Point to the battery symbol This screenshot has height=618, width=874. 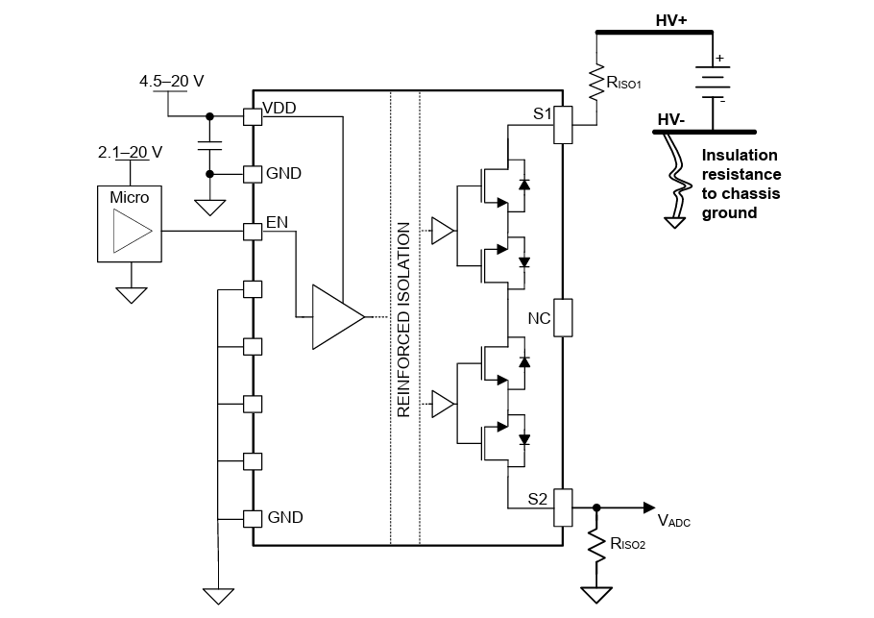click(x=712, y=81)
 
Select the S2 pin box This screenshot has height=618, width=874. click(x=564, y=507)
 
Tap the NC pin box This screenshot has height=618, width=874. click(x=564, y=318)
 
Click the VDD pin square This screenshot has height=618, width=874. click(x=253, y=116)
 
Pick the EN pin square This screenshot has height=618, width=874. click(x=253, y=232)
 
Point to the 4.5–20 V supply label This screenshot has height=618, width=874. click(x=172, y=82)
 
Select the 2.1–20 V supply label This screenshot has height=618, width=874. click(x=130, y=152)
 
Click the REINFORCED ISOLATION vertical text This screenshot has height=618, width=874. click(x=404, y=319)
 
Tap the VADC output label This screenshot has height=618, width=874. click(x=673, y=521)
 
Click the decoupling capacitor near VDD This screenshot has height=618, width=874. click(x=208, y=145)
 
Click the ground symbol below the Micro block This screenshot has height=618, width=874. click(x=130, y=293)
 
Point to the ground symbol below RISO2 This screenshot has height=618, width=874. click(x=596, y=593)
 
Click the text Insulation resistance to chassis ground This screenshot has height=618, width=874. click(x=740, y=184)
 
